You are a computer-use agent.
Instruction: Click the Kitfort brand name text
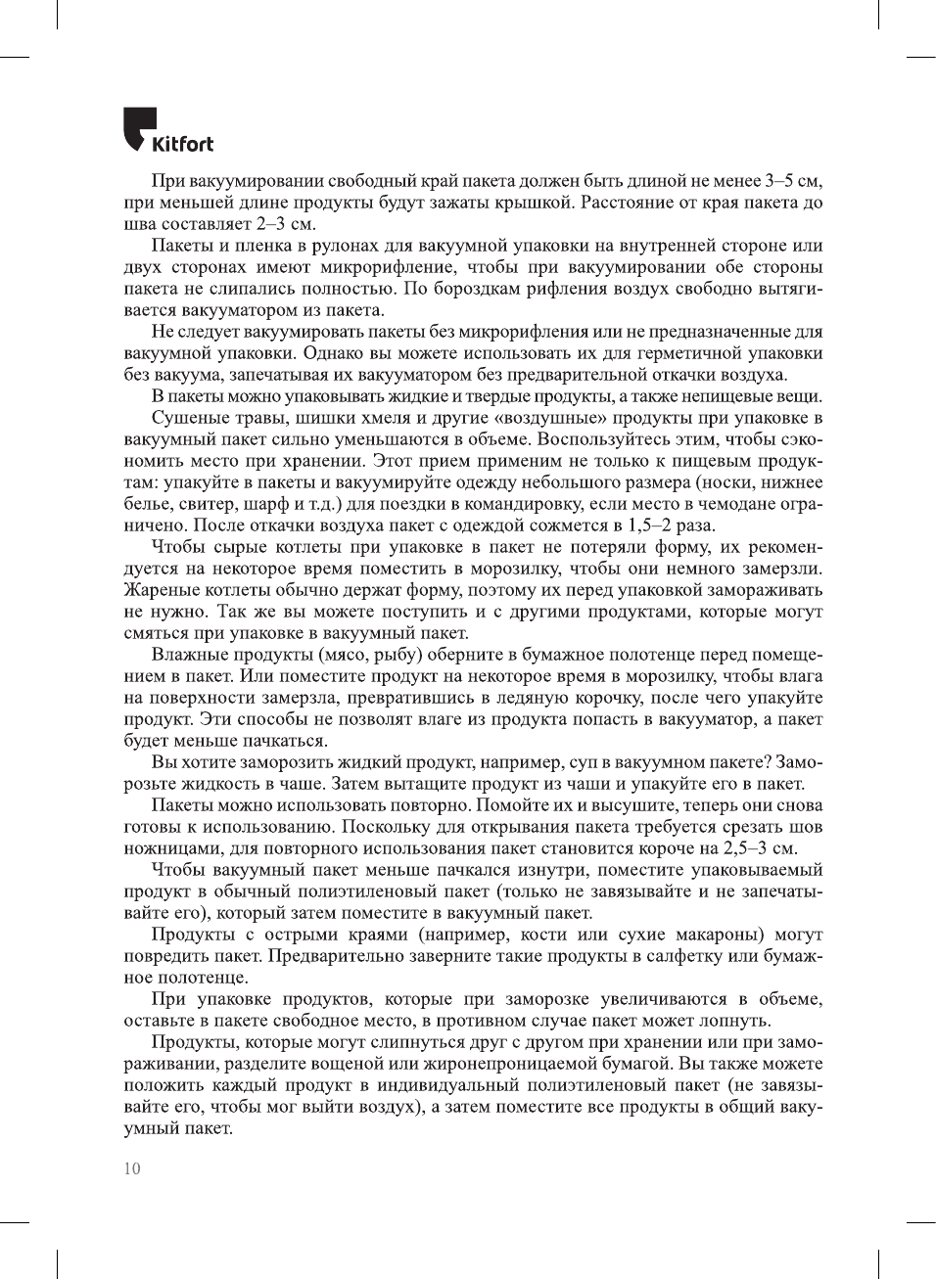tap(182, 145)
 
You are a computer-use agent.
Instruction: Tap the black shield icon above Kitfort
tap(138, 126)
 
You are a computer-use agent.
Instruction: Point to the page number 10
tap(132, 1168)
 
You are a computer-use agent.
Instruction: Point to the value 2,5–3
tap(744, 848)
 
